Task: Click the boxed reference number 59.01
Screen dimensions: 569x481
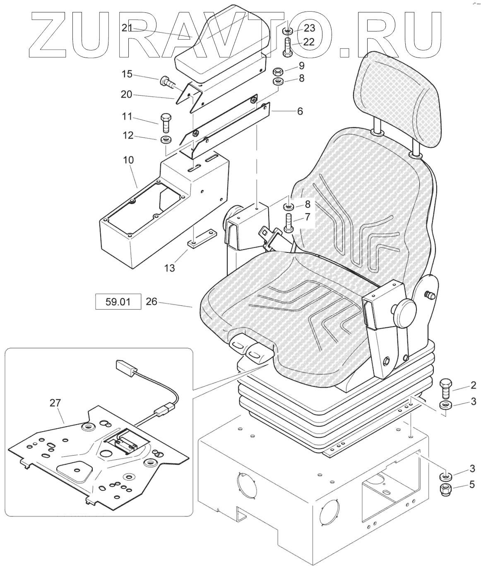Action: [118, 302]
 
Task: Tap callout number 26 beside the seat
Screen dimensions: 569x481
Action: [152, 302]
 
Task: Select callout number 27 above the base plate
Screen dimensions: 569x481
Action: [55, 403]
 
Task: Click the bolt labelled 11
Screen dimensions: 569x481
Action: [164, 123]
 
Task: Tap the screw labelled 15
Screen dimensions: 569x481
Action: [166, 81]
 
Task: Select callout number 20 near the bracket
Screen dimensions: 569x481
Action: [126, 94]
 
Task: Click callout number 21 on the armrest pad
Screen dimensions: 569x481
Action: [127, 28]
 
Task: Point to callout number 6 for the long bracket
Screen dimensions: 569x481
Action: [300, 111]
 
